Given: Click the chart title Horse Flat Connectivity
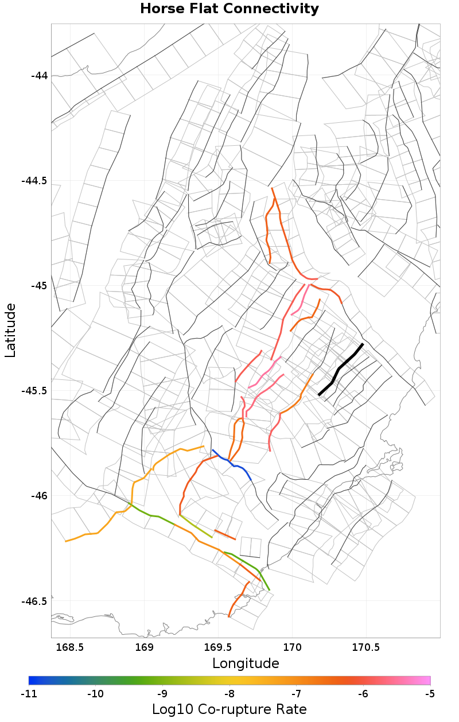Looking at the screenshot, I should pos(229,9).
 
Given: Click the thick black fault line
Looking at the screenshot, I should pos(340,368).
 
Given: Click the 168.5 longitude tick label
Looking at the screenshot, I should pos(70,647).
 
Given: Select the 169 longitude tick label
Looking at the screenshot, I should pos(144,647).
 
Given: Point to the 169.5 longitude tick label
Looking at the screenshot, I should pos(218,647).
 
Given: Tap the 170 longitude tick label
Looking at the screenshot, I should pos(293,647).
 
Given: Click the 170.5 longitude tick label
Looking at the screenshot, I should pos(367,647).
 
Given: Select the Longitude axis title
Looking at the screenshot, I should pos(246,663).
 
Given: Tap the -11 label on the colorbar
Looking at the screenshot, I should pos(29,694).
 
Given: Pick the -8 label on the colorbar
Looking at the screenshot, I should pos(229,694).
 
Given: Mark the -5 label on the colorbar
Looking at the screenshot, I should pos(430,694).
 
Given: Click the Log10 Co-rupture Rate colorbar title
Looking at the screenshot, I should pos(229,709).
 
